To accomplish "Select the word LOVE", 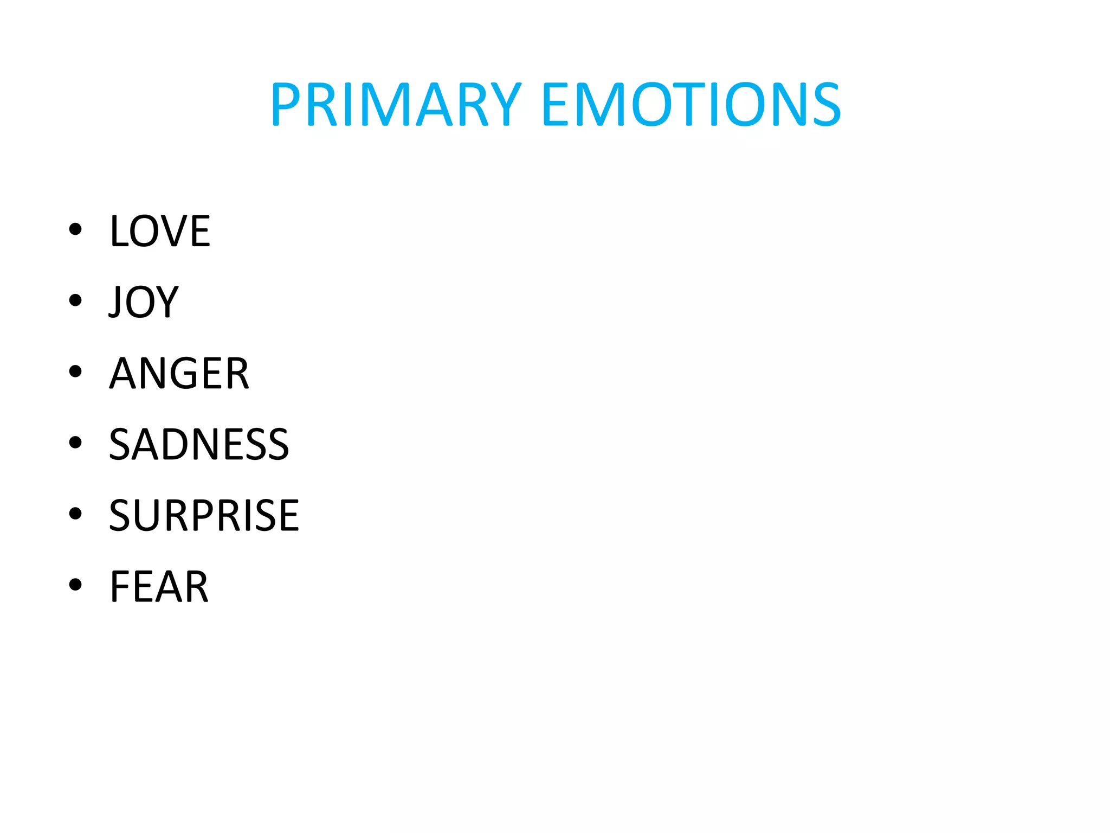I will coord(160,231).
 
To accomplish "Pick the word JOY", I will coord(144,302).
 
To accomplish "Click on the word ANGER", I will coord(179,373).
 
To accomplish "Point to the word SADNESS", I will coord(199,444).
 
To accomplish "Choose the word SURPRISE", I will coord(204,515).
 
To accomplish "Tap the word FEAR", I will coord(159,586).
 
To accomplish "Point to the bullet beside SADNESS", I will coord(75,442).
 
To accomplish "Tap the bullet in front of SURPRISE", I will coord(75,513).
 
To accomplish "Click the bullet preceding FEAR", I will coord(75,584).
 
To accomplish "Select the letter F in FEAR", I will coord(120,586).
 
